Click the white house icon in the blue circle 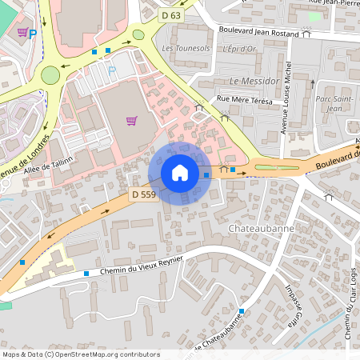tap(180, 173)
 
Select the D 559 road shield tap(144, 194)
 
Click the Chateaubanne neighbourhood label tap(261, 228)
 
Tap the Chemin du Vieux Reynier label tap(142, 265)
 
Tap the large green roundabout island tap(51, 75)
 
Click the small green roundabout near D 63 tap(138, 34)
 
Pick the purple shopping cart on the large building tap(131, 121)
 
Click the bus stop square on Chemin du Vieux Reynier tap(86, 274)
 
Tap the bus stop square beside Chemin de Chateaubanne tap(241, 311)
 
